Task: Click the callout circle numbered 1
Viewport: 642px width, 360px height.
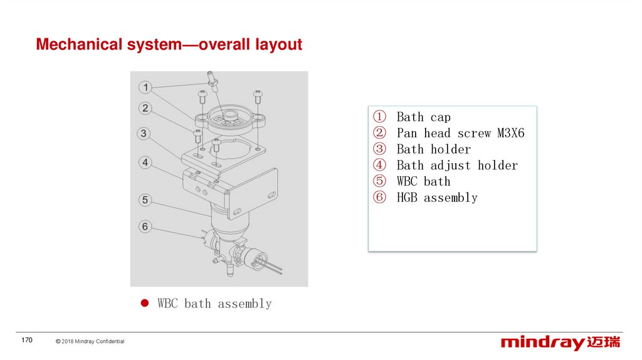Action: (x=145, y=87)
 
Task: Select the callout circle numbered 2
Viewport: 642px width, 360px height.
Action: (x=145, y=109)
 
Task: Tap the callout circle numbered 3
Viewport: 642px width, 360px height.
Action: (x=145, y=134)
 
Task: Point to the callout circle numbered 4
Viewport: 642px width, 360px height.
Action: (x=145, y=162)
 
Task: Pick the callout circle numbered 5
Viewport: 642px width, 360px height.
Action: (x=145, y=200)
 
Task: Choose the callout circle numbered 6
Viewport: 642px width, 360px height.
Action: (x=145, y=226)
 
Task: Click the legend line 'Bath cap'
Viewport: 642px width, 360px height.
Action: (x=423, y=117)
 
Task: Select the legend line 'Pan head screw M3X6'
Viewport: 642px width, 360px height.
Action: (x=460, y=134)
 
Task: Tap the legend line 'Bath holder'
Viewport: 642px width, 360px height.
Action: (x=433, y=149)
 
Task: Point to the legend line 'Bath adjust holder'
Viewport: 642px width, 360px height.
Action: (x=457, y=166)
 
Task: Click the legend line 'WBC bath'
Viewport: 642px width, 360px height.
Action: (x=423, y=182)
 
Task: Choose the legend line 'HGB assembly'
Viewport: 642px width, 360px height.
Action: (x=437, y=198)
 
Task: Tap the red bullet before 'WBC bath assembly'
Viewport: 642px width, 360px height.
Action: (x=144, y=304)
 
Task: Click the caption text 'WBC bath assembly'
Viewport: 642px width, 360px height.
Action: (x=214, y=304)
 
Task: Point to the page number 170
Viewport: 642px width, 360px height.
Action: (x=26, y=340)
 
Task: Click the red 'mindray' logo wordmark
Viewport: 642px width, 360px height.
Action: (x=542, y=343)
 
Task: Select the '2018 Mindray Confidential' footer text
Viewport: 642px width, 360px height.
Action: (x=93, y=341)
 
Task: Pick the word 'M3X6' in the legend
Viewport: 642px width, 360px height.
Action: (x=510, y=134)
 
